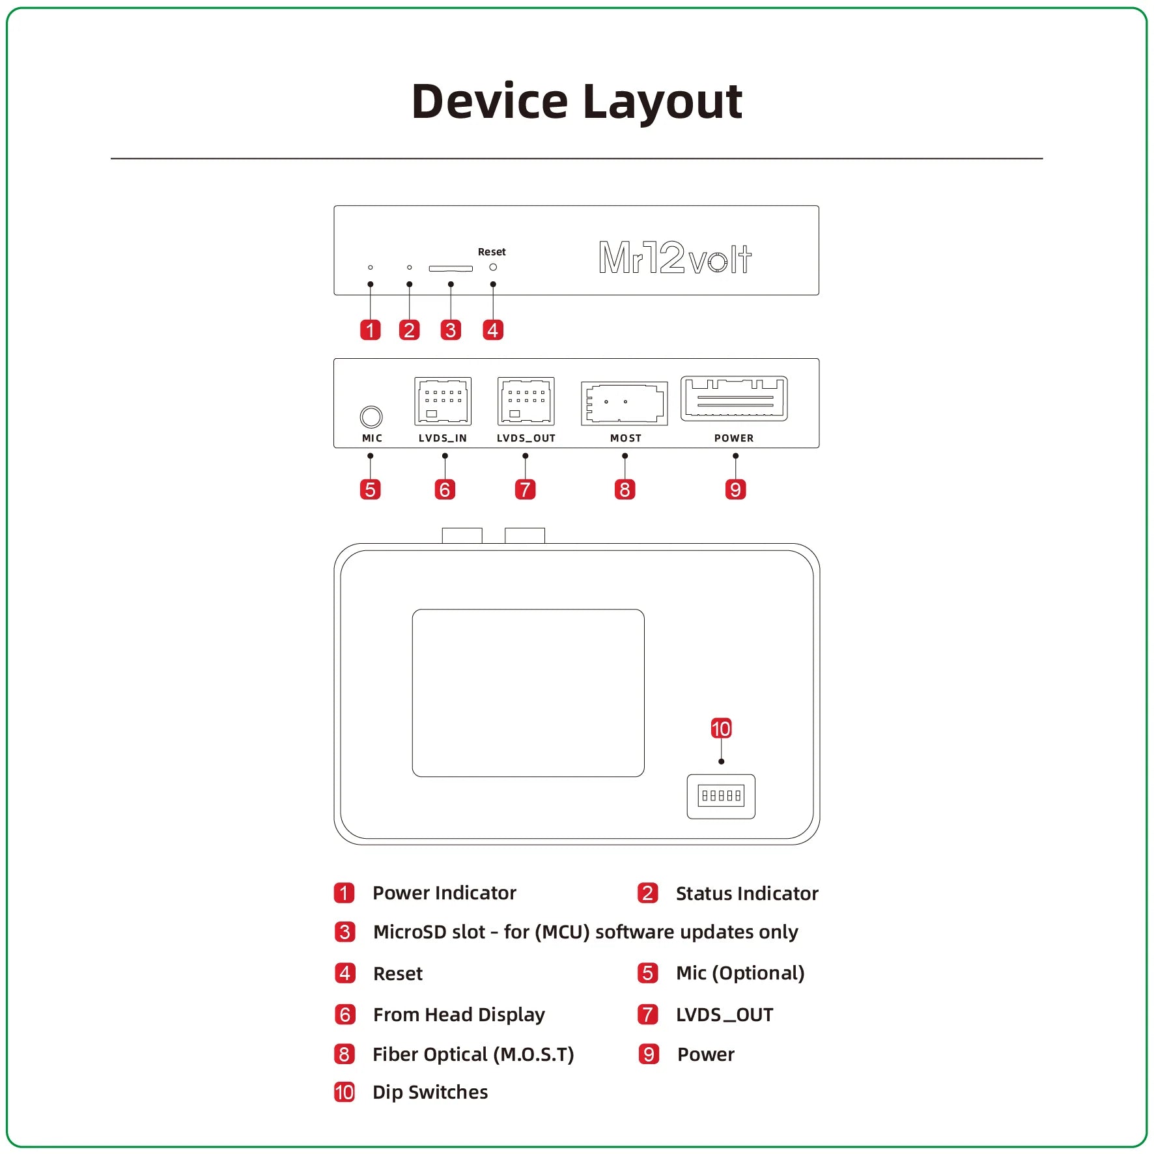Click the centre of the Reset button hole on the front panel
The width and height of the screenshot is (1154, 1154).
pos(493,267)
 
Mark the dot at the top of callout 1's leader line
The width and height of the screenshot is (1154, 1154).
pos(371,285)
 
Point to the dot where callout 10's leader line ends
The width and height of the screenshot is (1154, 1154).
pos(721,761)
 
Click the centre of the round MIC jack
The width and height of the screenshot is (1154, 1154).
pos(371,417)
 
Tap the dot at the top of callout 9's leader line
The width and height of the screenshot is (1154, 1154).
pos(735,456)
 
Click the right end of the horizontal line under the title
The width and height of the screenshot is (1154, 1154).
pos(1043,158)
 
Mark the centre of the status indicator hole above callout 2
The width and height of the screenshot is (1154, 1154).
pos(409,268)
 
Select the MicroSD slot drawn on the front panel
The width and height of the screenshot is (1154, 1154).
pos(451,268)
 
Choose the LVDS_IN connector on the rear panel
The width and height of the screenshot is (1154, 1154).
pos(443,401)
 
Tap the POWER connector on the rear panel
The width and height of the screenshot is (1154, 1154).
pos(734,399)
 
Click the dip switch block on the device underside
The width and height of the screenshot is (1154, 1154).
pos(721,796)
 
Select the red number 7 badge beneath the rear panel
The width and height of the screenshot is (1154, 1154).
pos(525,489)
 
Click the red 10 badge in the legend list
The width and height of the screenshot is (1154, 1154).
pos(344,1092)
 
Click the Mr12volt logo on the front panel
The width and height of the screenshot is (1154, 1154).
pos(675,258)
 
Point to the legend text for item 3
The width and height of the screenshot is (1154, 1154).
pos(585,932)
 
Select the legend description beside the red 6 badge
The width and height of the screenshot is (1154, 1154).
pos(459,1015)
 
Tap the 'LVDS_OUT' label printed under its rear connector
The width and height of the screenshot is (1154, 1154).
pos(526,438)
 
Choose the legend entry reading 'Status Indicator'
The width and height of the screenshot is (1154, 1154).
pos(747,893)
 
